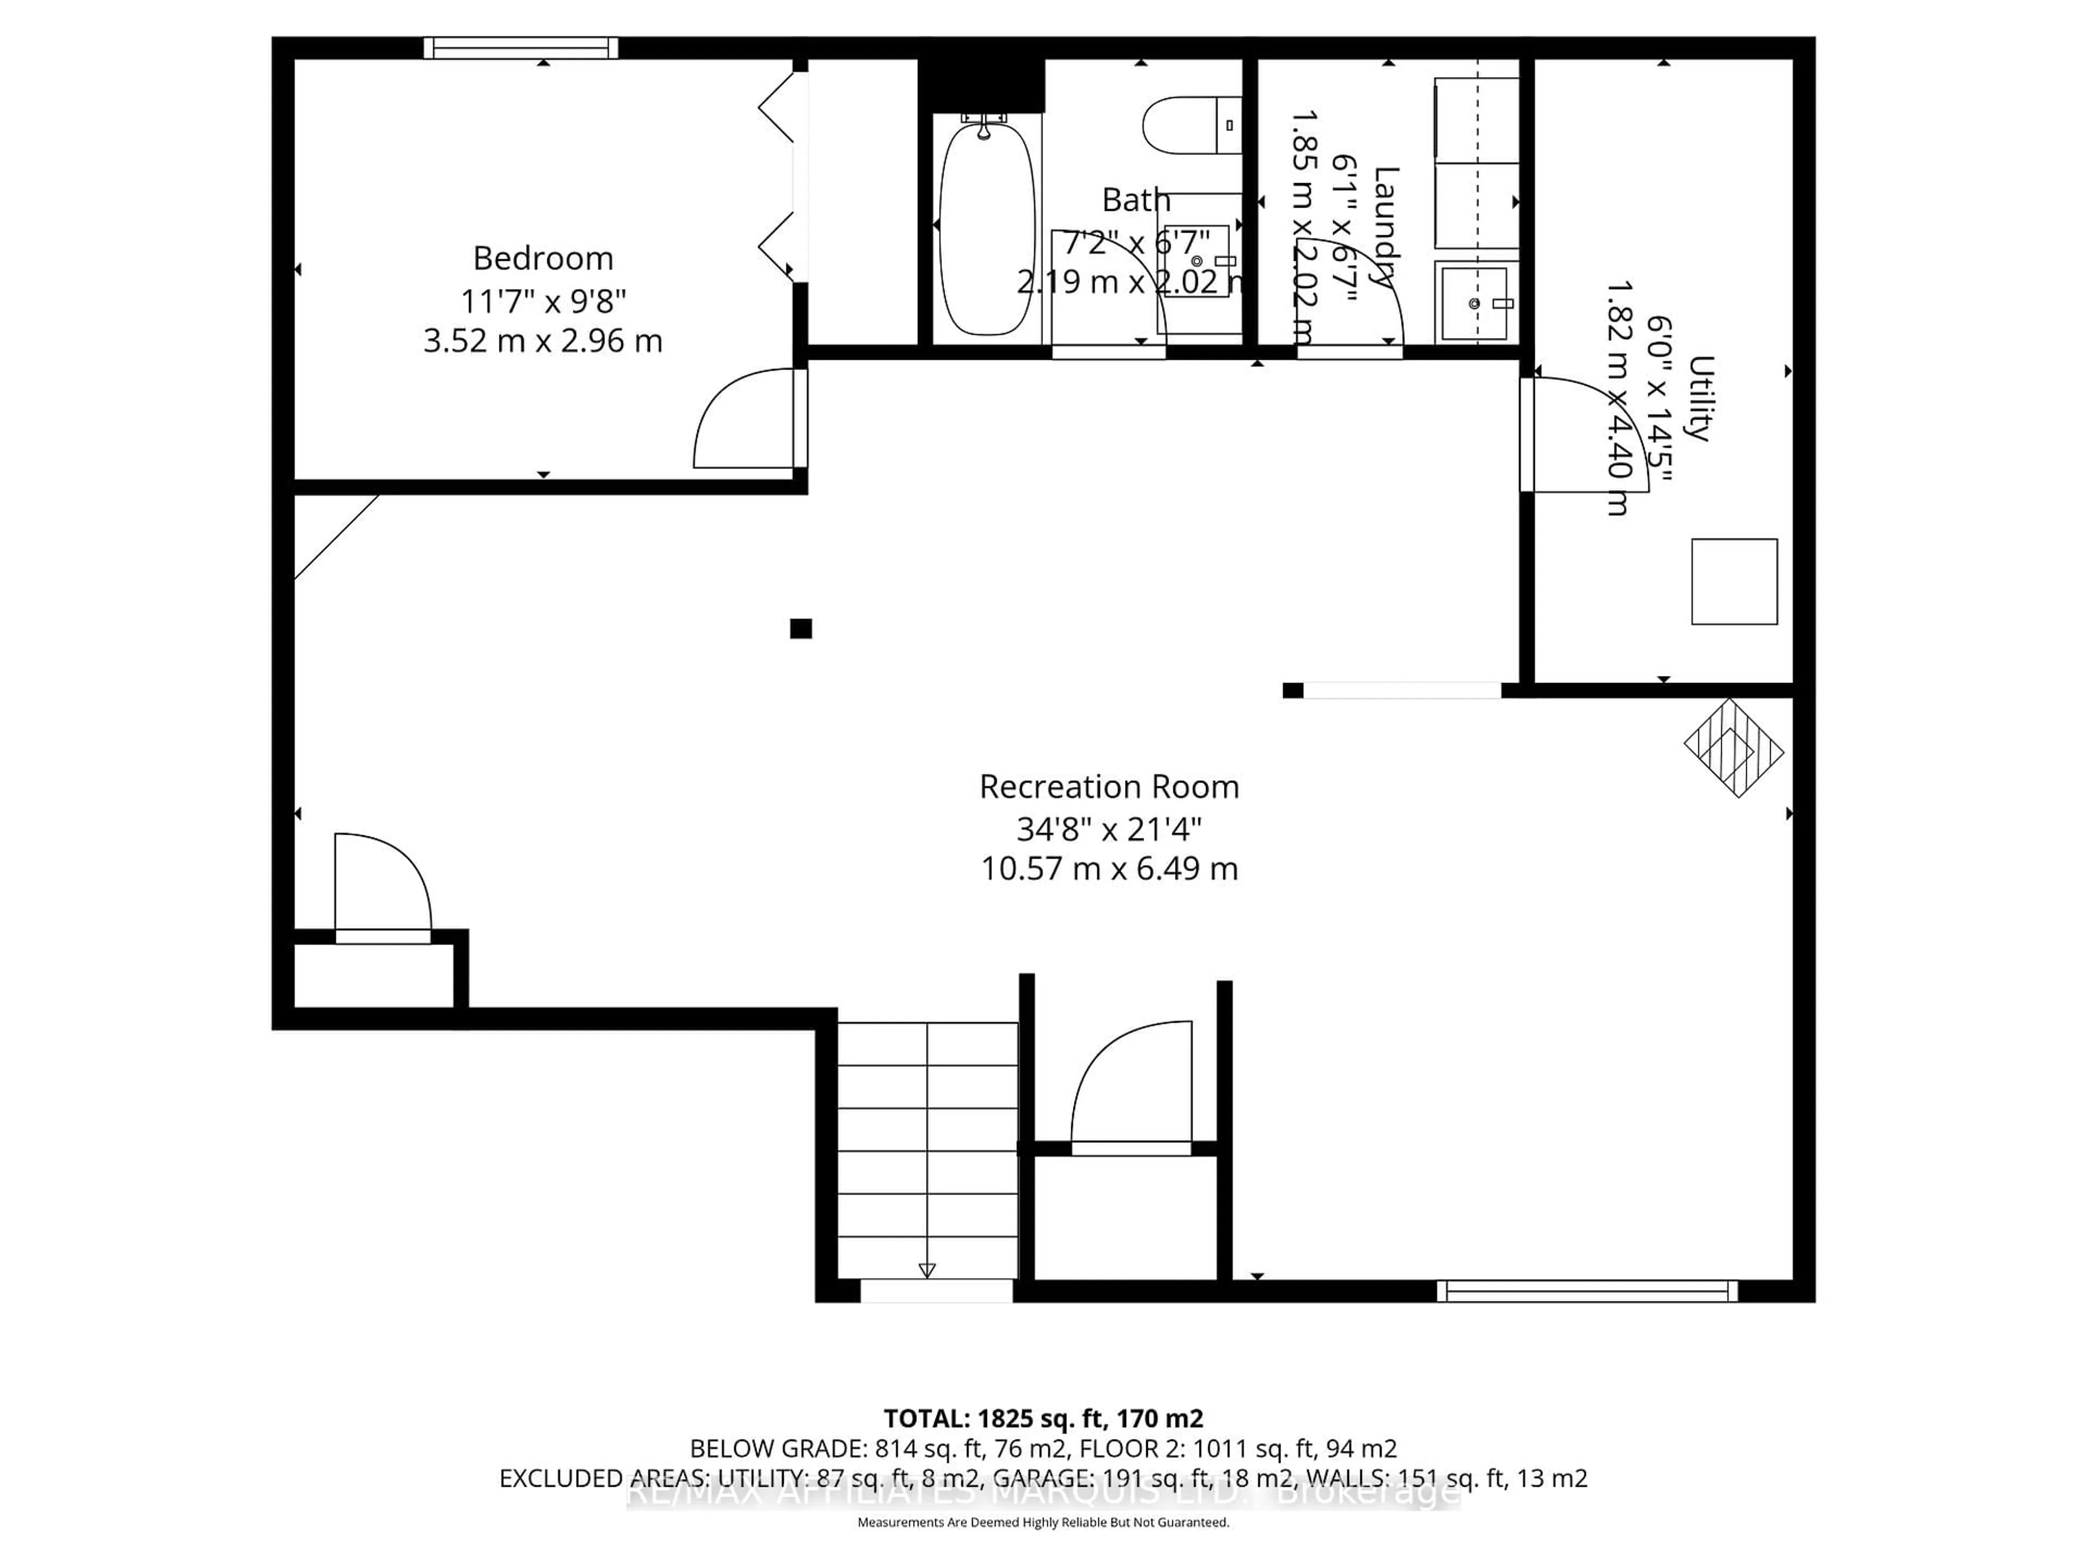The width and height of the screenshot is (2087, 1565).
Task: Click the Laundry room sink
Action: pos(1474,302)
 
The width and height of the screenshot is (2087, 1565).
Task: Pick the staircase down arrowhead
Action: pos(927,1270)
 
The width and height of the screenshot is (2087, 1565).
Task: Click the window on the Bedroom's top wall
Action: pos(521,47)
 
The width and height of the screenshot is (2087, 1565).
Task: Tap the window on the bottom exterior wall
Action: pos(1587,1291)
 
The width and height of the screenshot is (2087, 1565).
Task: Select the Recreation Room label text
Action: pos(1109,787)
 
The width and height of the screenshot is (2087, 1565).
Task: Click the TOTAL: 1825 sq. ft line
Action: pos(1042,1418)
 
